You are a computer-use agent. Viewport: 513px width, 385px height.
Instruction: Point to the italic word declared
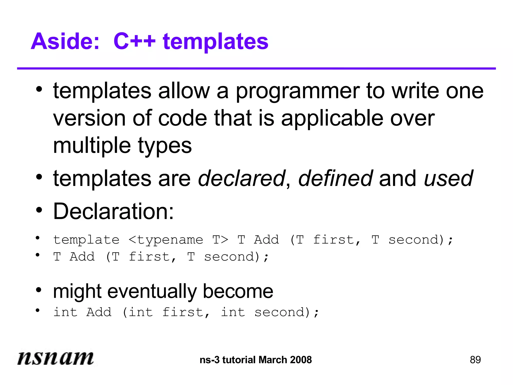point(241,178)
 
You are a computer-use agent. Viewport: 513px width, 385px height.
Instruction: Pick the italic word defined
point(335,178)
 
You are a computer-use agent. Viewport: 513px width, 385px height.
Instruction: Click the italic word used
point(448,178)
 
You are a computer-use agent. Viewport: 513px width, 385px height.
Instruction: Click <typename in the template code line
point(166,240)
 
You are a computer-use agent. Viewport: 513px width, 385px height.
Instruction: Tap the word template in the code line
point(86,240)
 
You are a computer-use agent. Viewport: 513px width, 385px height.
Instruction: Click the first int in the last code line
point(65,312)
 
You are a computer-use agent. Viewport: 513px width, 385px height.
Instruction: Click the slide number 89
point(475,360)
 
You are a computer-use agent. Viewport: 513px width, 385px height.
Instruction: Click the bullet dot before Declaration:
point(39,210)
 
